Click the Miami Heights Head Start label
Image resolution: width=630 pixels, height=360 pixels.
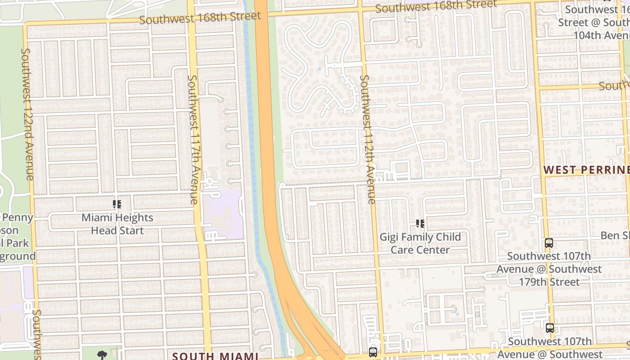pyautogui.click(x=117, y=224)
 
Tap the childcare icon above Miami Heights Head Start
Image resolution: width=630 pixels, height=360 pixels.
pyautogui.click(x=117, y=205)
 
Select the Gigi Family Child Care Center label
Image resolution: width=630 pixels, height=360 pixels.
pyautogui.click(x=420, y=243)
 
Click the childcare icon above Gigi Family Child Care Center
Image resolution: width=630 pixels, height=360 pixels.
pyautogui.click(x=420, y=224)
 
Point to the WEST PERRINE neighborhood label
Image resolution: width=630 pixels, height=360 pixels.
pyautogui.click(x=586, y=170)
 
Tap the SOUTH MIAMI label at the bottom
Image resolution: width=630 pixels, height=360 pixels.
pyautogui.click(x=215, y=356)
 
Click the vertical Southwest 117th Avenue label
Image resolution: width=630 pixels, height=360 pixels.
pyautogui.click(x=193, y=139)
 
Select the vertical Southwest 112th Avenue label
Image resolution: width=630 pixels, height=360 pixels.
pyautogui.click(x=368, y=139)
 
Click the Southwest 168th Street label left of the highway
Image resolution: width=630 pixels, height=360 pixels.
pyautogui.click(x=200, y=18)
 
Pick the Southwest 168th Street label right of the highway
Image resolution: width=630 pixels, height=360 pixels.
pyautogui.click(x=436, y=6)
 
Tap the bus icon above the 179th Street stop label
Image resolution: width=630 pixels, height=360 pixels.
pyautogui.click(x=549, y=243)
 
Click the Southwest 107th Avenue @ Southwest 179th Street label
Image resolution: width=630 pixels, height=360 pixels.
pyautogui.click(x=549, y=269)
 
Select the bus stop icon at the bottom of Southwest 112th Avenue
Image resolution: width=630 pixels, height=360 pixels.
pyautogui.click(x=373, y=352)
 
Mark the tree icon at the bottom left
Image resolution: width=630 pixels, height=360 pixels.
pyautogui.click(x=102, y=355)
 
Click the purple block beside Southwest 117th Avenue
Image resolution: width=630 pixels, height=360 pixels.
pyautogui.click(x=222, y=214)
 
